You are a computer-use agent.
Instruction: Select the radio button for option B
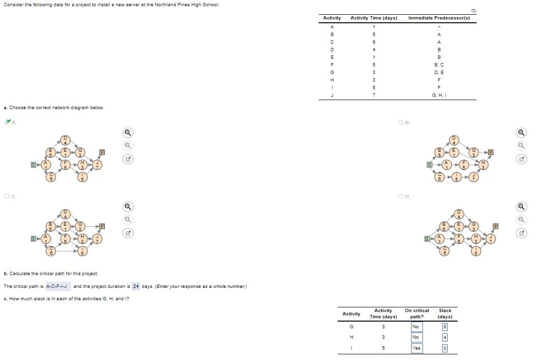click(401, 122)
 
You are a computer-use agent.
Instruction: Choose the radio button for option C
click(7, 196)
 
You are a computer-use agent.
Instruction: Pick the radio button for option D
click(401, 196)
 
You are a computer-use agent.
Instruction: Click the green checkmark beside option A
click(8, 122)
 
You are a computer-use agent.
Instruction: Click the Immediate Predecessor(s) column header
click(439, 18)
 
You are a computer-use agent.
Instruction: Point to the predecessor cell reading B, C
click(439, 65)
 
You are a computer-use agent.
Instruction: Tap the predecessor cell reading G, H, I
click(439, 95)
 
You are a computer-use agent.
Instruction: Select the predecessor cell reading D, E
click(439, 72)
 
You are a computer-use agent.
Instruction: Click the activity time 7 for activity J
click(374, 95)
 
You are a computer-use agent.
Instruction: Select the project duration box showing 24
click(136, 286)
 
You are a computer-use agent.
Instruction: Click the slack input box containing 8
click(445, 327)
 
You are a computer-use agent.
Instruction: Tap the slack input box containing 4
click(445, 337)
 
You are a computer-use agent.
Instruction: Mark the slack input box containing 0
click(445, 348)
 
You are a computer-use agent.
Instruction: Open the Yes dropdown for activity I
click(416, 348)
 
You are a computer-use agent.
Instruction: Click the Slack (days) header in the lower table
click(445, 314)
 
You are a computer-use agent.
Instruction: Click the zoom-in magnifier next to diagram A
click(128, 133)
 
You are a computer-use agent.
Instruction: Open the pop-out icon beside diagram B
click(521, 159)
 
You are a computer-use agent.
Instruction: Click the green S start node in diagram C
click(33, 239)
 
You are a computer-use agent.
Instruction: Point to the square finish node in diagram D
click(496, 226)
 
